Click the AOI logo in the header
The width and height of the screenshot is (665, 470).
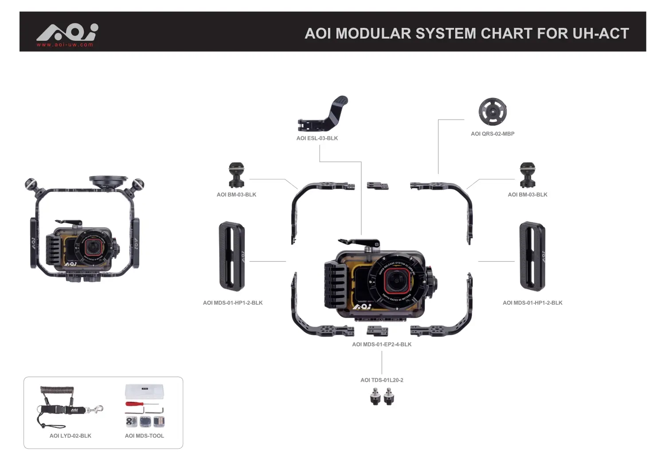(x=67, y=32)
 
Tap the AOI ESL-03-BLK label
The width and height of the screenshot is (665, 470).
(x=317, y=138)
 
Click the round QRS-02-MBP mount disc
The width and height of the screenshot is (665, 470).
(x=493, y=112)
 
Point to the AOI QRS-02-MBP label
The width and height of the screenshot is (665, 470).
(x=493, y=134)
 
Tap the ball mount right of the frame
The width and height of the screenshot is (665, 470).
(x=527, y=175)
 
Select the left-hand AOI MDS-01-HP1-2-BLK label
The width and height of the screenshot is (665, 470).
(x=233, y=303)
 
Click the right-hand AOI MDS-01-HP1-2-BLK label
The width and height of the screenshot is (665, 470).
(x=532, y=303)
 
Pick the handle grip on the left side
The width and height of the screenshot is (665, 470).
(x=232, y=256)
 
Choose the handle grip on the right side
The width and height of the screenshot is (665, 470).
(x=532, y=256)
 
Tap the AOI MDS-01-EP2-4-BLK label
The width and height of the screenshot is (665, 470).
(x=382, y=344)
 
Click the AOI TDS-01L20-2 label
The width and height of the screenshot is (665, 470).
(x=382, y=380)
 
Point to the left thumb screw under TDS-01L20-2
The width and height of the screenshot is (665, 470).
(x=376, y=397)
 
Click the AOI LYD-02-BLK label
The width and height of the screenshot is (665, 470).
(x=70, y=436)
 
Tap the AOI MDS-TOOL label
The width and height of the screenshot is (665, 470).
(x=145, y=436)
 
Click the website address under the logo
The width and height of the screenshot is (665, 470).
(x=65, y=45)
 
